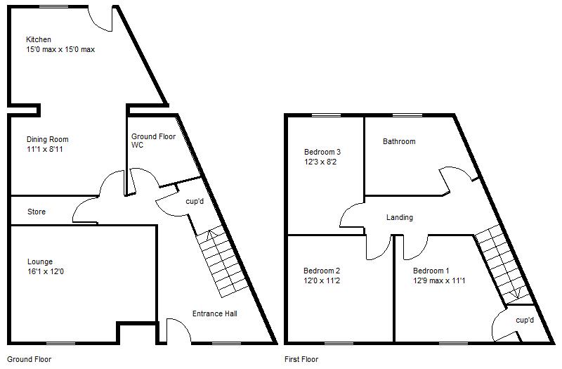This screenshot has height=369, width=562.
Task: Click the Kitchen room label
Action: click(39, 40)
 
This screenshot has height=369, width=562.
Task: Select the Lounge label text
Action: click(39, 262)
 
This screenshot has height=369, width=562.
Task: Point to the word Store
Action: click(36, 212)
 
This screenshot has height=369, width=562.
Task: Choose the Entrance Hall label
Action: click(214, 314)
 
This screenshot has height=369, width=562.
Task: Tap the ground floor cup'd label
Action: click(195, 201)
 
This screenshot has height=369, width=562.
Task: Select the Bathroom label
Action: click(398, 142)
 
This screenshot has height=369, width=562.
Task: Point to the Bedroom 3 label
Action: click(322, 152)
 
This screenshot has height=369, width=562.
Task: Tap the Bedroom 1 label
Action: click(431, 271)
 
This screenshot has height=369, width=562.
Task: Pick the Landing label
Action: click(400, 218)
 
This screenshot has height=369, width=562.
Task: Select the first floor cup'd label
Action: click(525, 321)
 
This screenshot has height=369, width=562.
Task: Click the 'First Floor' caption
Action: click(301, 359)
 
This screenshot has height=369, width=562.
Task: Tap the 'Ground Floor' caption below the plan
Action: click(29, 359)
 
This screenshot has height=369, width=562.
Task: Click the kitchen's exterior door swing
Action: click(102, 20)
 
